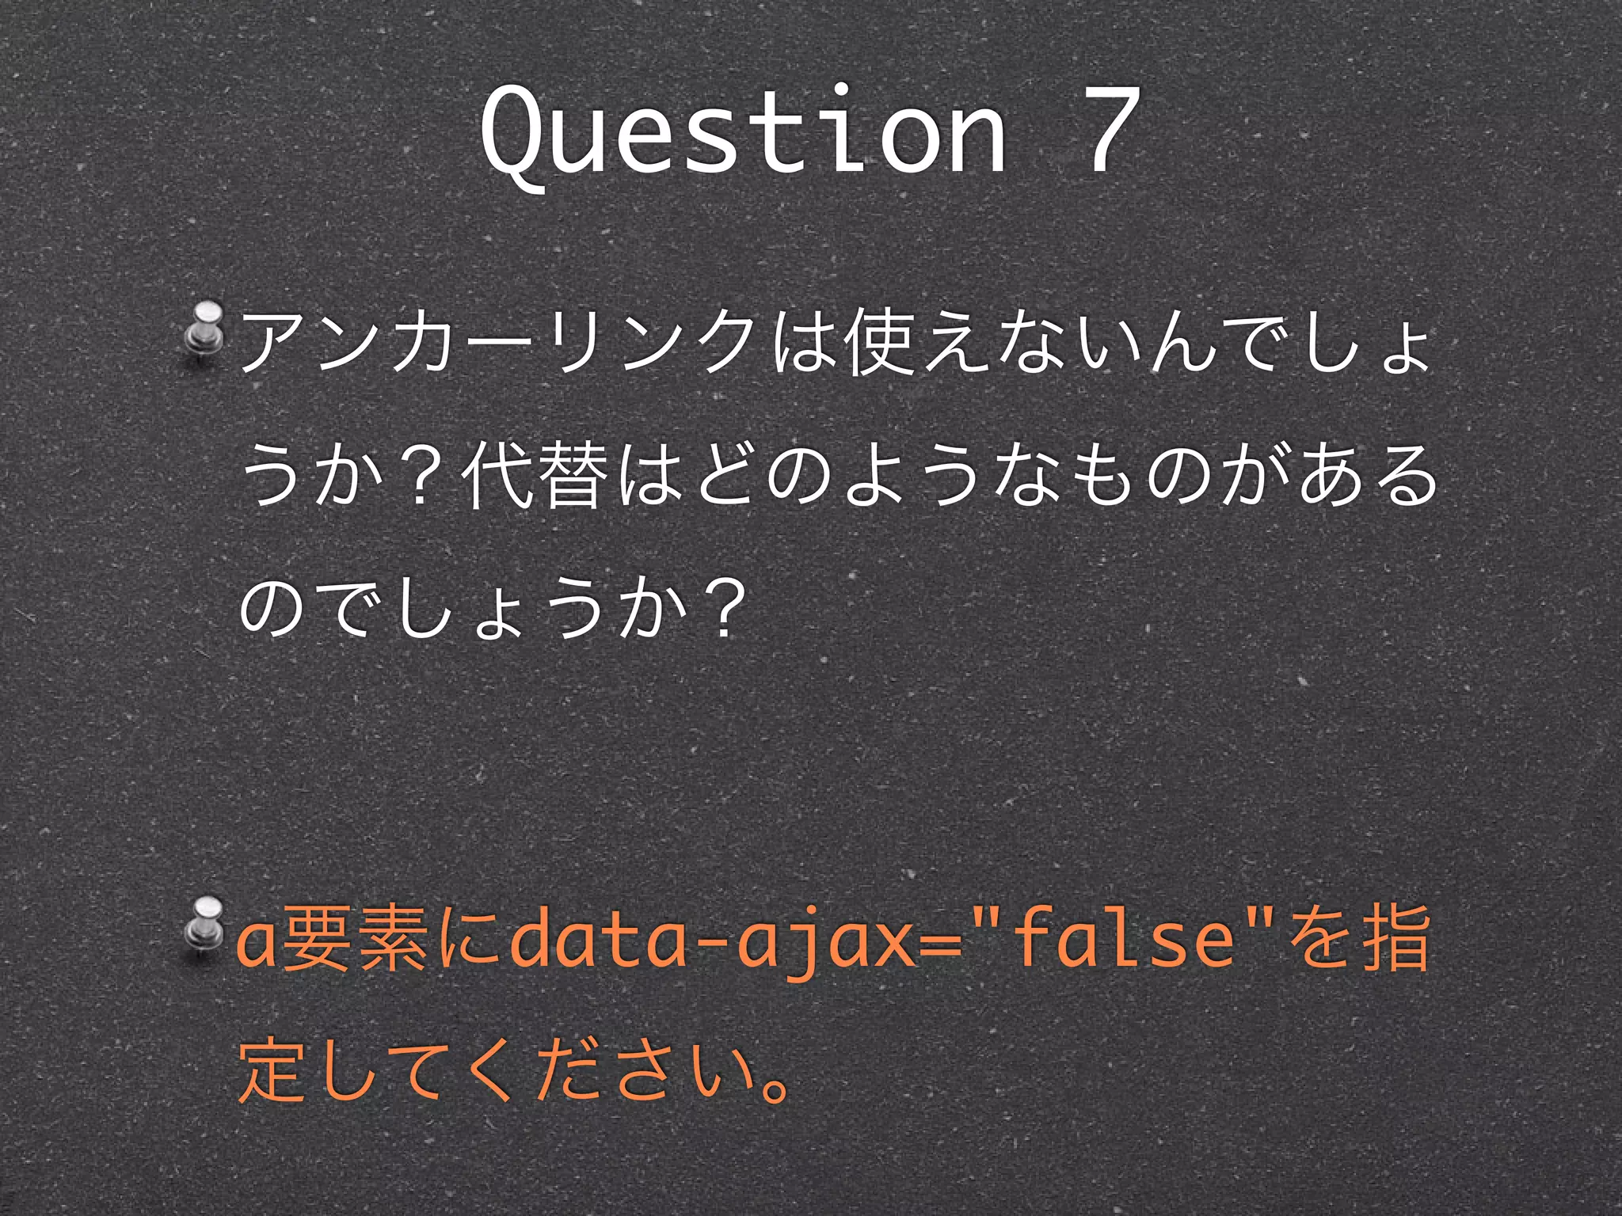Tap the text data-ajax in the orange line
pos(712,942)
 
